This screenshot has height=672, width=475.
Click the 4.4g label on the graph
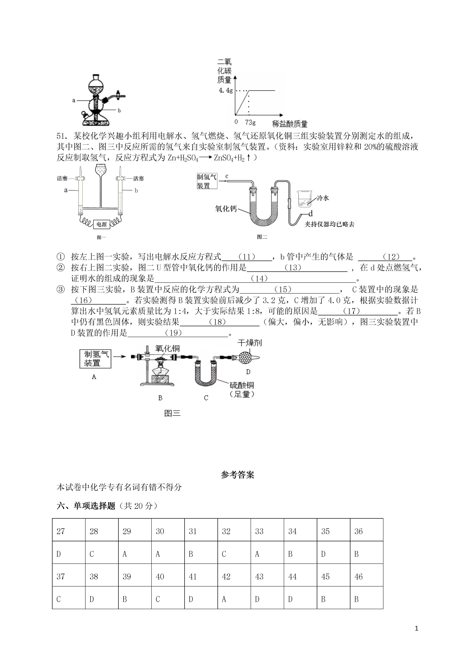pos(226,91)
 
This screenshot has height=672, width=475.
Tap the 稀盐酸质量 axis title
pos(290,124)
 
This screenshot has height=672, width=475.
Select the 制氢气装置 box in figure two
pos(207,181)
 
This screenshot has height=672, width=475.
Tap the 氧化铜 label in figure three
pos(167,348)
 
